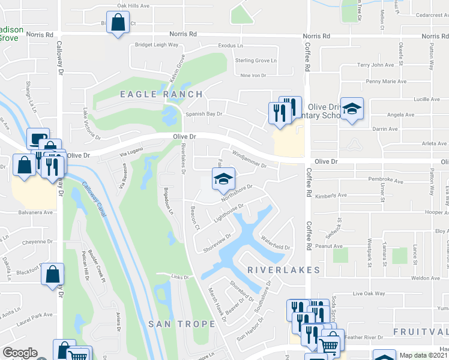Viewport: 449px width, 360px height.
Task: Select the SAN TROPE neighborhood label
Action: pos(182,324)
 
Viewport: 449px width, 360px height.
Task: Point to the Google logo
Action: pos(20,353)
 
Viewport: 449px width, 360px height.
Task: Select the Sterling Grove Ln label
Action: pos(256,61)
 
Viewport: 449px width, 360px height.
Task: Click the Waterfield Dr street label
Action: pos(276,244)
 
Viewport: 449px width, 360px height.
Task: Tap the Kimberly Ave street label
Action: pos(331,196)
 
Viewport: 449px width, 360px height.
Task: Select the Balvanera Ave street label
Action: pos(35,212)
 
